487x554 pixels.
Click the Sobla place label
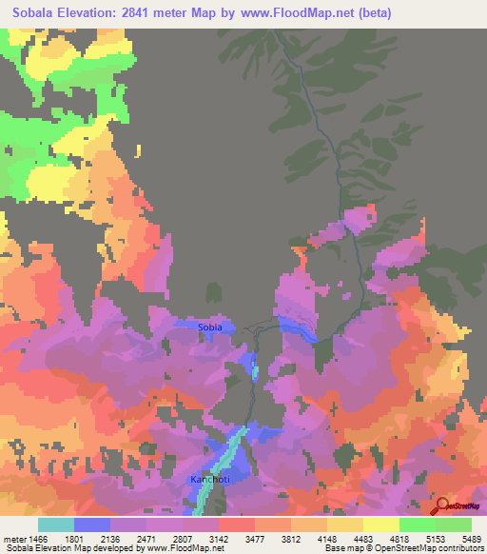point(210,327)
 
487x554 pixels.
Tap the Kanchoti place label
point(209,479)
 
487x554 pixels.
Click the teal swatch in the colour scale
point(56,524)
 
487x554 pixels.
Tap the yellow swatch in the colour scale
point(381,524)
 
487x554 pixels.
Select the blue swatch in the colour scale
point(92,524)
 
